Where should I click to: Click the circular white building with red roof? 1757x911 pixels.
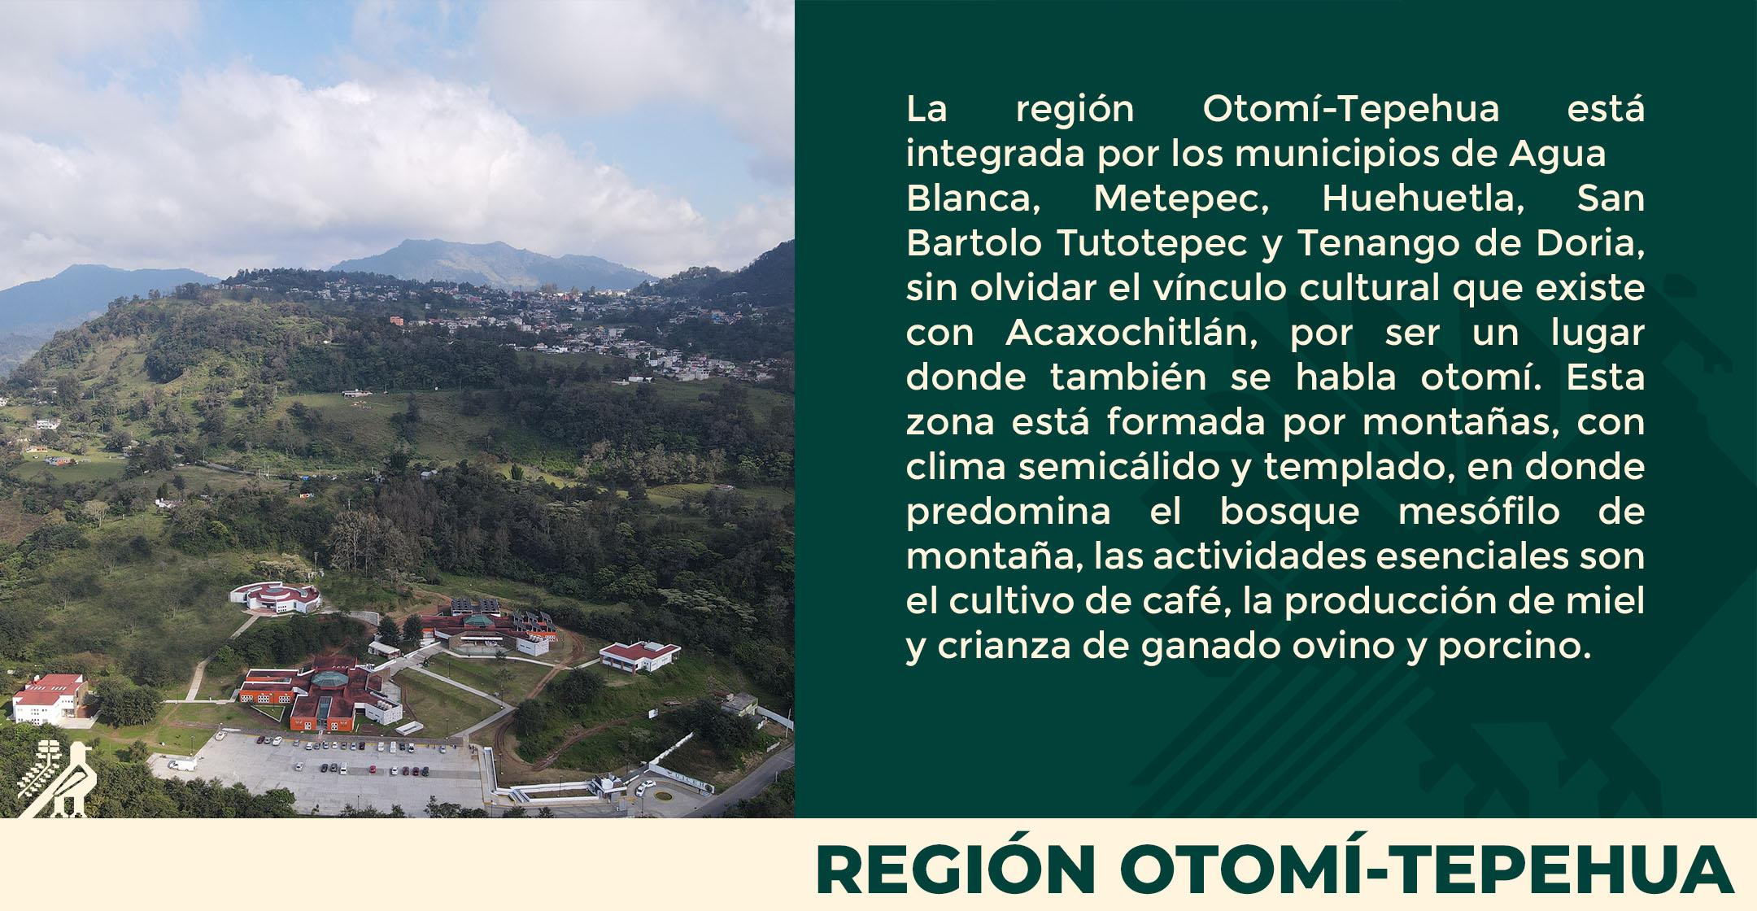(x=276, y=597)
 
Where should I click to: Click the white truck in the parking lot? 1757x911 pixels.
(x=182, y=764)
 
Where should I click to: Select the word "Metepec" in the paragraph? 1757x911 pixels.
(x=1181, y=199)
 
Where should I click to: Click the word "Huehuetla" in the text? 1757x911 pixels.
(x=1423, y=199)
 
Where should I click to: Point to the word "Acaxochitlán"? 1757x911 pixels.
(x=1131, y=333)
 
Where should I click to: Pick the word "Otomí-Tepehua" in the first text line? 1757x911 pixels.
(x=1350, y=110)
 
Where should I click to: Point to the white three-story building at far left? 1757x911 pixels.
(x=49, y=699)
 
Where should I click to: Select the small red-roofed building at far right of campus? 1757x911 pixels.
(x=639, y=656)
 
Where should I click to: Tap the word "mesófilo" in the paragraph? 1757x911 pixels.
(x=1479, y=512)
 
